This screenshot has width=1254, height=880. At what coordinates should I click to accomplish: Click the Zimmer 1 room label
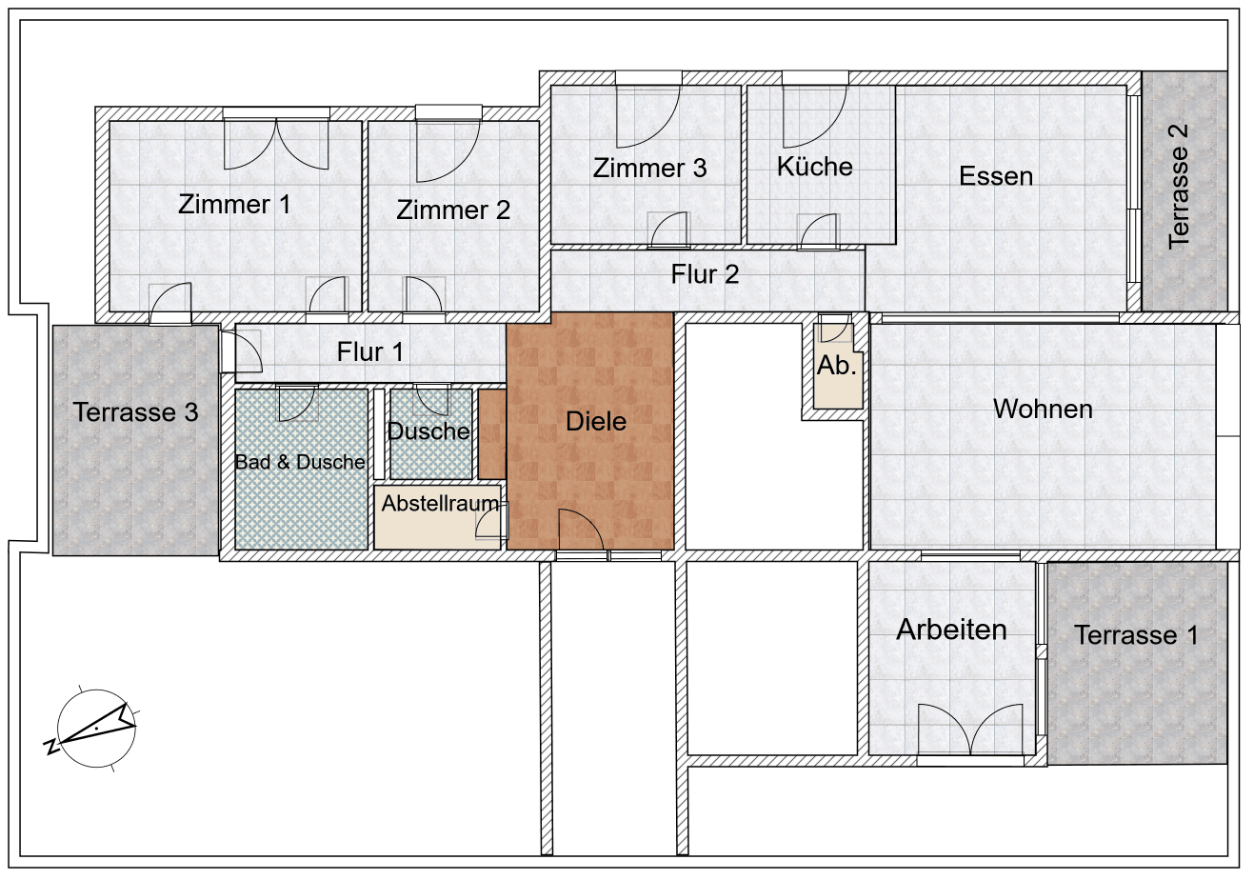[x=234, y=204]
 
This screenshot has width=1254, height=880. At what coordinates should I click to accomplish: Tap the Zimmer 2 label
[x=453, y=210]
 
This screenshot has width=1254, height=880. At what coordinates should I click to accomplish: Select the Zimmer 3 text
[x=649, y=169]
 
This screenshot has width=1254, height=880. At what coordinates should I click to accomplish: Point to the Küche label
[x=815, y=167]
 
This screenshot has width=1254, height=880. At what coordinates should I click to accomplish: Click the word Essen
[x=996, y=176]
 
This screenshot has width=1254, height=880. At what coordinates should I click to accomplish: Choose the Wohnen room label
[x=1043, y=410]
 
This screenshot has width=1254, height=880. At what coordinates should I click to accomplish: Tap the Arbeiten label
[x=951, y=630]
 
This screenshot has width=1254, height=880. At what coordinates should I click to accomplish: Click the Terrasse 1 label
[x=1136, y=635]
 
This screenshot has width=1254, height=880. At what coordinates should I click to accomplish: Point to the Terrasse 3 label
[x=136, y=412]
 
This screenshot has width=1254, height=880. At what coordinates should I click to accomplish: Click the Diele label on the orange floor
[x=596, y=421]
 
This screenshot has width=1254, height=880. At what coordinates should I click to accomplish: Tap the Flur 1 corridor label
[x=370, y=351]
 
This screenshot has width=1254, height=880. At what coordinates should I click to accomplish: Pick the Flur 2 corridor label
[x=705, y=274]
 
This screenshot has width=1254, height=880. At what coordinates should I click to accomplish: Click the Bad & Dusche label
[x=300, y=462]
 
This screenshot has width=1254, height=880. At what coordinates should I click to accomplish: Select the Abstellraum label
[x=440, y=504]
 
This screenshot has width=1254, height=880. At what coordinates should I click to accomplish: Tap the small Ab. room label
[x=837, y=366]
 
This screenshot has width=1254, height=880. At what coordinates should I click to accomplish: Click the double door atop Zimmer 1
[x=276, y=143]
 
